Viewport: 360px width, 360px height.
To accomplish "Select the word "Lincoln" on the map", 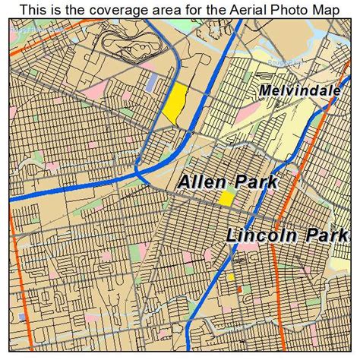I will tap(263, 235).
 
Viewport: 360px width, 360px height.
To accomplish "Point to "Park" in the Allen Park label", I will tap(254, 182).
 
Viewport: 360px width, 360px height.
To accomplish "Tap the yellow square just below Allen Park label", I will tap(226, 199).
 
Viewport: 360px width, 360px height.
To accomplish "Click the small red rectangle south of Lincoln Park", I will tap(239, 289).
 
